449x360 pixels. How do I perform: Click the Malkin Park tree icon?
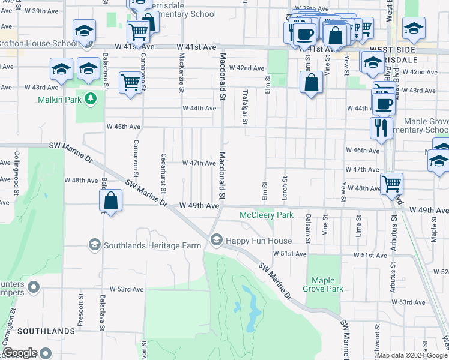[x=91, y=98]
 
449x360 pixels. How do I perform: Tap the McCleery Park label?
[x=266, y=215]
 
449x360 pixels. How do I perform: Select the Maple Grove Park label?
[x=327, y=284]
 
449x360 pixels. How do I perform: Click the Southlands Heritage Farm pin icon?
[x=94, y=245]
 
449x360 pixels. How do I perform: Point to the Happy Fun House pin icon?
[x=216, y=241]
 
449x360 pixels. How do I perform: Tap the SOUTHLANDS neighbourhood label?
[x=37, y=331]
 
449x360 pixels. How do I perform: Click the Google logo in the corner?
[x=20, y=353]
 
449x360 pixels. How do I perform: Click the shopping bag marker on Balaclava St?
[x=111, y=201]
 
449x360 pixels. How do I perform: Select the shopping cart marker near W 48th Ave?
[x=391, y=184]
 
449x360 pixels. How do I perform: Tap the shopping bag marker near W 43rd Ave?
[x=312, y=83]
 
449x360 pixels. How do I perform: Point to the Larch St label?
[x=285, y=188]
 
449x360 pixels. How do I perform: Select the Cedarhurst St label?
[x=163, y=172]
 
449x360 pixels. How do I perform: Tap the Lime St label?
[x=358, y=227]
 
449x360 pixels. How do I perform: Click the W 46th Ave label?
[x=363, y=151]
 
